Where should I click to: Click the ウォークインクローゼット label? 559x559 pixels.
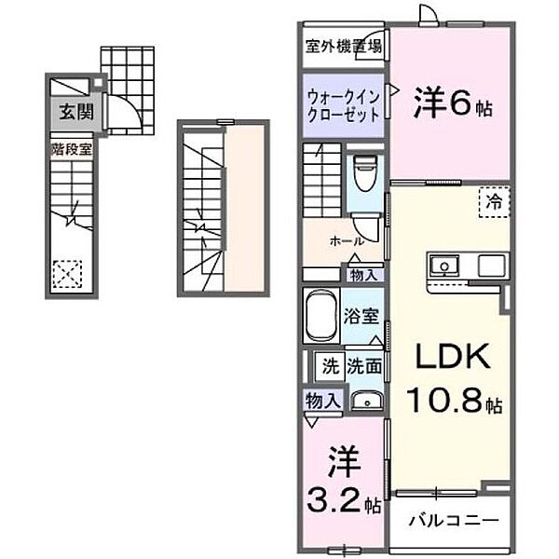[x=342, y=104]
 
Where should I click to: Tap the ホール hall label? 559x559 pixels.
[x=346, y=240]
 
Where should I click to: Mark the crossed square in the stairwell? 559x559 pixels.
[x=66, y=275]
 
